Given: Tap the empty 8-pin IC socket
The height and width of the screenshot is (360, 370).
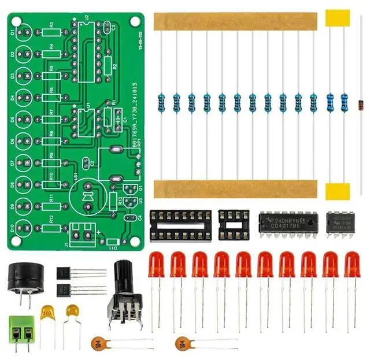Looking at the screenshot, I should [x=234, y=224].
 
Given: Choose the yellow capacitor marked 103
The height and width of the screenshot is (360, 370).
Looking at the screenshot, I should [x=48, y=316].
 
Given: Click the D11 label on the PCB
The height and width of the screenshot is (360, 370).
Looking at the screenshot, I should [x=113, y=247].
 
